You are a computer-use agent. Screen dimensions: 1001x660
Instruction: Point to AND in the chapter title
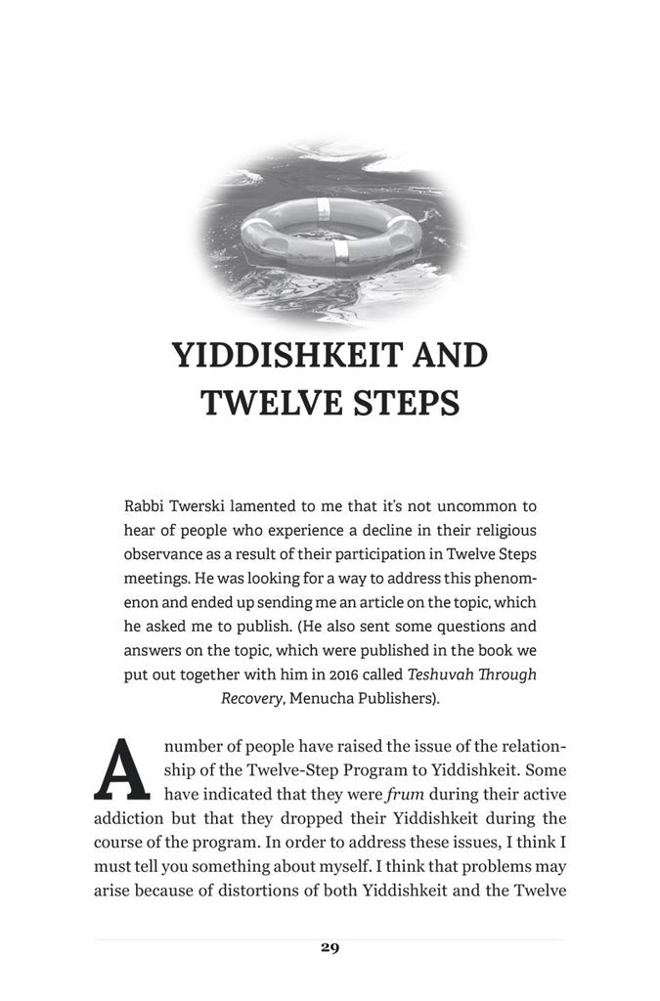[x=446, y=355]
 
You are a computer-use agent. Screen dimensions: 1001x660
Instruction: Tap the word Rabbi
[x=145, y=509]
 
